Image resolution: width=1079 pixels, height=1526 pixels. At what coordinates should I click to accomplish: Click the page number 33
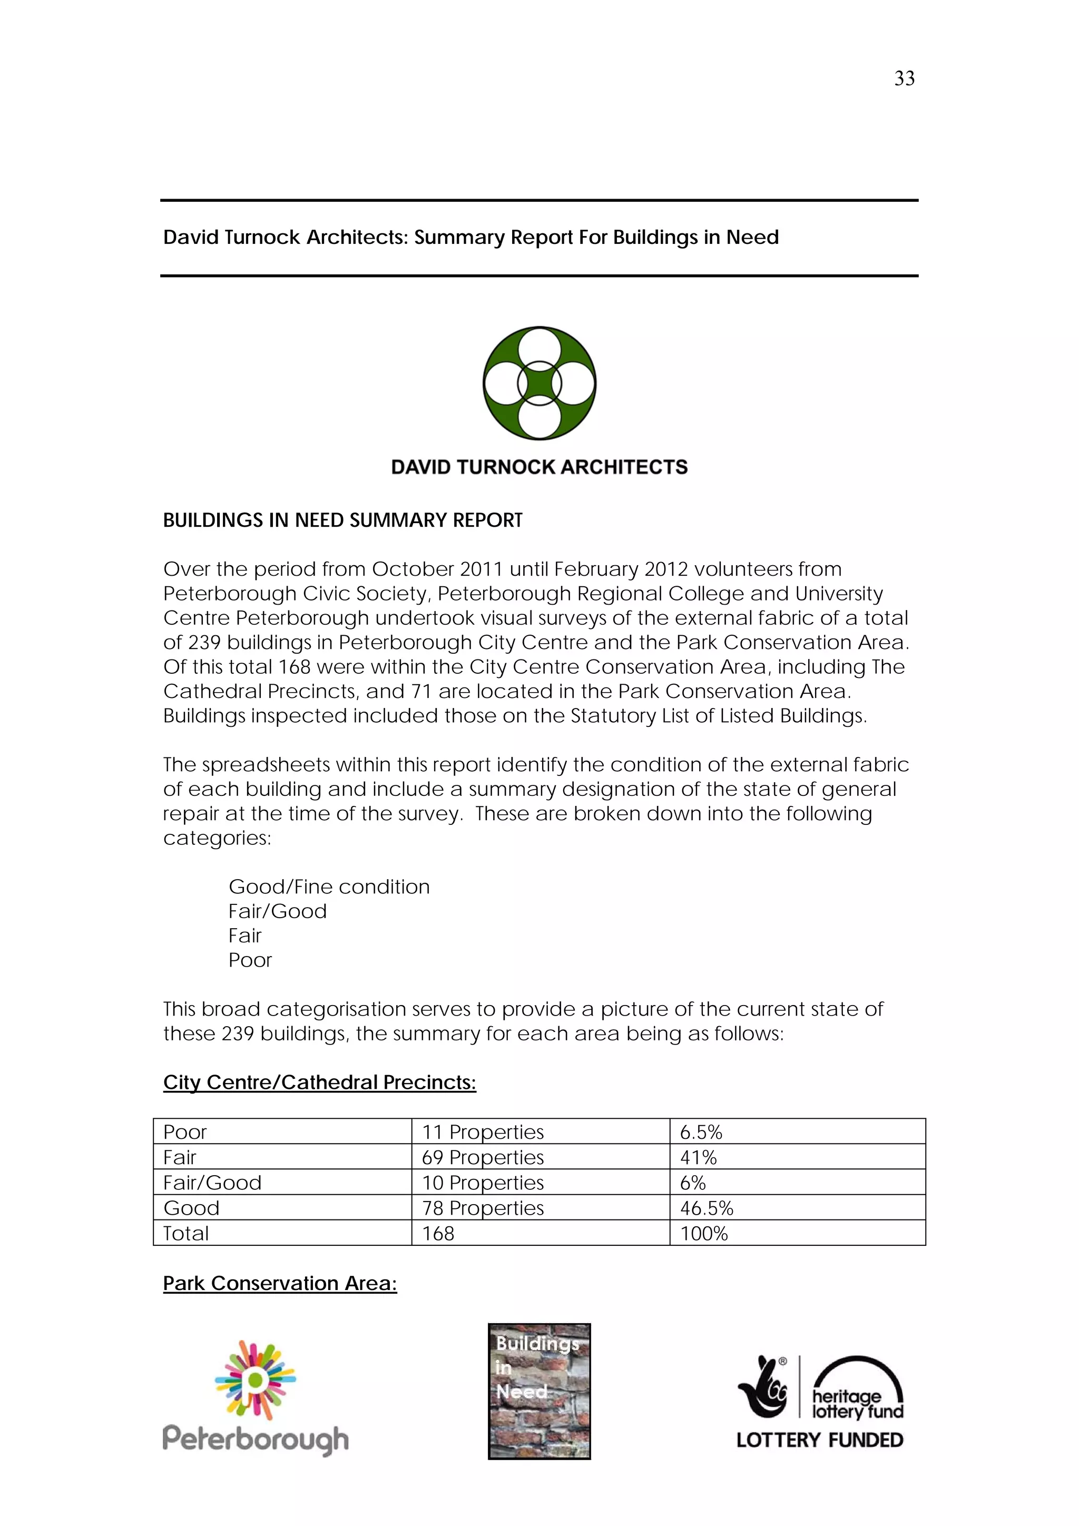pyautogui.click(x=904, y=78)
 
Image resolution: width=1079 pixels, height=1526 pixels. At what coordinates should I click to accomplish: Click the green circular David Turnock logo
pyautogui.click(x=539, y=383)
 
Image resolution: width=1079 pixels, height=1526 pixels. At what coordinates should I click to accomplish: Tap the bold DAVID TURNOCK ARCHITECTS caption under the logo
pyautogui.click(x=539, y=467)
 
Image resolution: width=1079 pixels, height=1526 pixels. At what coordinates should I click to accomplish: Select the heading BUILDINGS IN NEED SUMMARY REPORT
pyautogui.click(x=342, y=520)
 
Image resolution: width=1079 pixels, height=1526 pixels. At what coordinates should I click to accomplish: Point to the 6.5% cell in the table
pyautogui.click(x=701, y=1132)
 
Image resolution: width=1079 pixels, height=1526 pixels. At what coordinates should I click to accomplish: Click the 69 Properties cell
pyautogui.click(x=483, y=1157)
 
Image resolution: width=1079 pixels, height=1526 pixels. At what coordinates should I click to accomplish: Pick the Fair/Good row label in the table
pyautogui.click(x=212, y=1183)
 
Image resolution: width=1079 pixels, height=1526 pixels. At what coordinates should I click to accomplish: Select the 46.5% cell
pyautogui.click(x=706, y=1208)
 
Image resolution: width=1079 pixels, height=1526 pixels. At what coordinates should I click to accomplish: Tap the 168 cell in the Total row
pyautogui.click(x=438, y=1233)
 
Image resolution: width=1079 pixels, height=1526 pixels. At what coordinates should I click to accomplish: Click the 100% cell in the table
pyautogui.click(x=703, y=1233)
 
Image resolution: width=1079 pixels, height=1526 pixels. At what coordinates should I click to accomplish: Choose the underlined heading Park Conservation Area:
pyautogui.click(x=280, y=1283)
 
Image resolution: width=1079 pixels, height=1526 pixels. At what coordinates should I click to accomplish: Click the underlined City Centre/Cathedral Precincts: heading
pyautogui.click(x=320, y=1082)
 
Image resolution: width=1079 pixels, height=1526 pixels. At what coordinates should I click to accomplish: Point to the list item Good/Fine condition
pyautogui.click(x=329, y=887)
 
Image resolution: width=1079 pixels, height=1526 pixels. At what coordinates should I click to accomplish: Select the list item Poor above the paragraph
pyautogui.click(x=250, y=960)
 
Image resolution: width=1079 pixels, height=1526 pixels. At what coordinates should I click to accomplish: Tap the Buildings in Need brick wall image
pyautogui.click(x=539, y=1391)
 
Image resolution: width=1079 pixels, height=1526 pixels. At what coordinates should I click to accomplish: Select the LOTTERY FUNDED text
pyautogui.click(x=820, y=1440)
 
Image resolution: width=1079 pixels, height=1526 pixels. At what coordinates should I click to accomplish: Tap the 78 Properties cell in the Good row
pyautogui.click(x=483, y=1208)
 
